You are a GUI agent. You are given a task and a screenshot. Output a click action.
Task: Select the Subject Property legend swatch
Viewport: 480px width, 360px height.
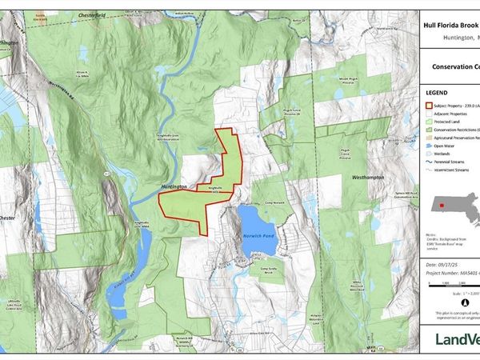(x=428, y=106)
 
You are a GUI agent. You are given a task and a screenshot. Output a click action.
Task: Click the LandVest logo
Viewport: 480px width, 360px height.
(x=457, y=338)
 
